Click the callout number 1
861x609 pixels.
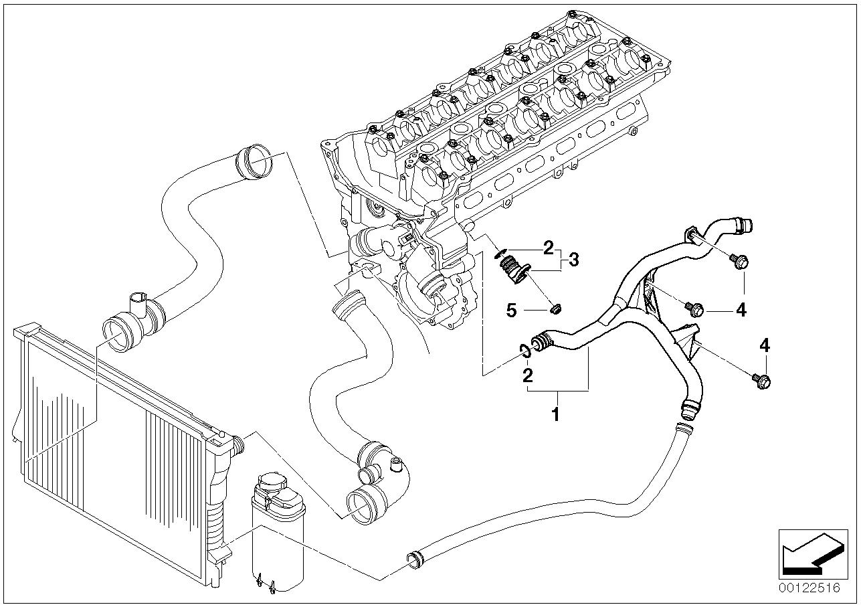[x=555, y=415]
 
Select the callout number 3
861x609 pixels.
[x=573, y=260]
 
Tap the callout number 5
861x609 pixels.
[x=511, y=310]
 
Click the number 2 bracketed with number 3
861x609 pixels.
[x=548, y=248]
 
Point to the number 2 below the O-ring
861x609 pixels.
[x=528, y=375]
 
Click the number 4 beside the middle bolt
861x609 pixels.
[x=741, y=310]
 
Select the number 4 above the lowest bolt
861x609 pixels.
[x=765, y=345]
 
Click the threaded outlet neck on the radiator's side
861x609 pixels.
[x=239, y=446]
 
